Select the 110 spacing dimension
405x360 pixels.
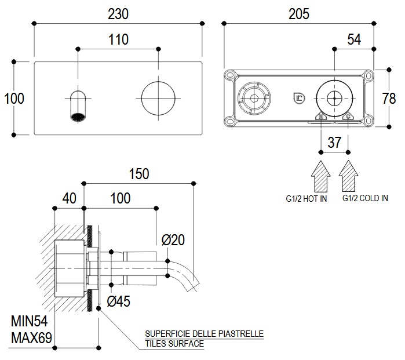118,39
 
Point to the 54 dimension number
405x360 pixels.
354,39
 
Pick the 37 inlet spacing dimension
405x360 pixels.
335,142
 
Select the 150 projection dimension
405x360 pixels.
138,173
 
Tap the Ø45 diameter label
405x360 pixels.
119,301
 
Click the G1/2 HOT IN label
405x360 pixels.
307,199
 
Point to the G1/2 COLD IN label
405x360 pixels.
364,198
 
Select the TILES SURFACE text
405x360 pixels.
174,344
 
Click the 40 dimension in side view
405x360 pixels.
69,198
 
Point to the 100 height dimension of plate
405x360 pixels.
14,98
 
